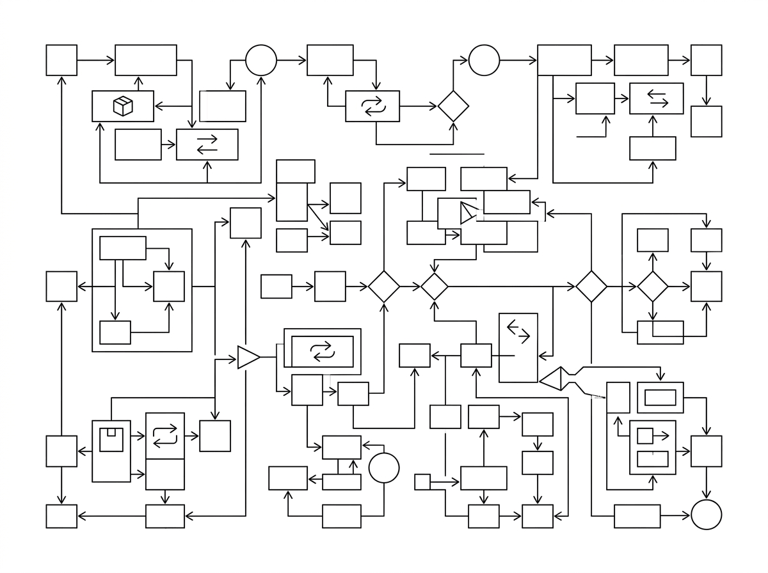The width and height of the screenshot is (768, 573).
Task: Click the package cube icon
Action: coord(123,106)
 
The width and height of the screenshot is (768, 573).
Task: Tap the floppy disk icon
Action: coord(111,437)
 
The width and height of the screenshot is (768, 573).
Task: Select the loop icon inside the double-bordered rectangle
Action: coord(322,351)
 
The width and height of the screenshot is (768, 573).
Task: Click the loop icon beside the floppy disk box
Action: coord(165,436)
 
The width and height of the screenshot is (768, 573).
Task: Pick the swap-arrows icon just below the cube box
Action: coord(207,145)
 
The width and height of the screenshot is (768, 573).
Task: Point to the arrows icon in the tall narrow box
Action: coord(518,331)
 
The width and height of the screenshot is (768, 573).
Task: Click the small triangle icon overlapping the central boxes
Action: coord(468,213)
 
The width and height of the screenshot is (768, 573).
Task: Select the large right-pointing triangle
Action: coord(248,357)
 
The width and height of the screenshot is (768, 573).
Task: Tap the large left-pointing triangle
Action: coord(552,379)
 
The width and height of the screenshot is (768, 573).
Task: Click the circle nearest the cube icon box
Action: coord(261,61)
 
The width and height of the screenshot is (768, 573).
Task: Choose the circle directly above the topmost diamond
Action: coord(484,61)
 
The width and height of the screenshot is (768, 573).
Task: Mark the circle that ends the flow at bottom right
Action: coord(707,514)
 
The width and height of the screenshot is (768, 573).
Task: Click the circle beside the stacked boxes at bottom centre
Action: coord(384,467)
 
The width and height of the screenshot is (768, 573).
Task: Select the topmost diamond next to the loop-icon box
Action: coord(453,106)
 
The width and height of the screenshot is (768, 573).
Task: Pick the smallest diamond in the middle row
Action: coord(435,286)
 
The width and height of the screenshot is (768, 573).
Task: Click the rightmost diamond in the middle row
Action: coord(653,286)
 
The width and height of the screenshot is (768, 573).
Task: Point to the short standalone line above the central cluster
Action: coord(457,154)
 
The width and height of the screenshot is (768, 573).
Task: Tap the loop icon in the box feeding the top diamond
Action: coord(372,106)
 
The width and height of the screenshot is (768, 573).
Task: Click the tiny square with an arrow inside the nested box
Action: coord(645,436)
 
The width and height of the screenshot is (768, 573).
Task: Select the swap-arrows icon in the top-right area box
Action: coord(657,98)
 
